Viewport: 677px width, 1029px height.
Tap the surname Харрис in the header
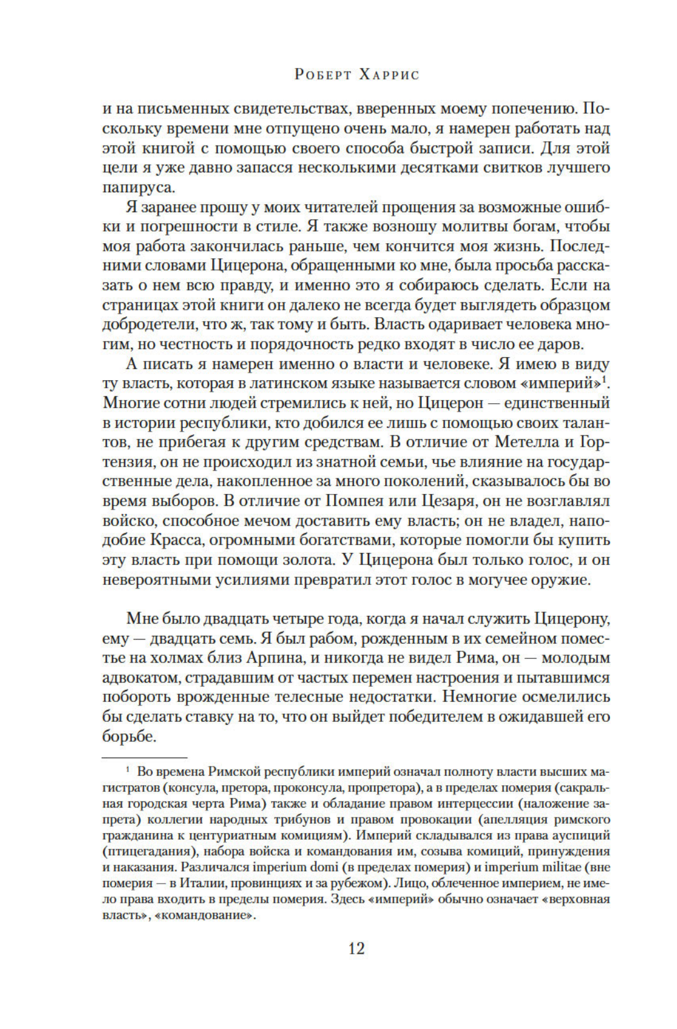[x=390, y=75]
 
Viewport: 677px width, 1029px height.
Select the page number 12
[x=357, y=948]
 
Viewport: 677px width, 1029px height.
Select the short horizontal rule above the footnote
[x=144, y=757]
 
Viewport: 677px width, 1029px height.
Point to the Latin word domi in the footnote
[x=324, y=867]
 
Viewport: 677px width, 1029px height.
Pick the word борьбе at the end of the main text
[x=129, y=737]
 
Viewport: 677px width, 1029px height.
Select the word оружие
[x=556, y=579]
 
